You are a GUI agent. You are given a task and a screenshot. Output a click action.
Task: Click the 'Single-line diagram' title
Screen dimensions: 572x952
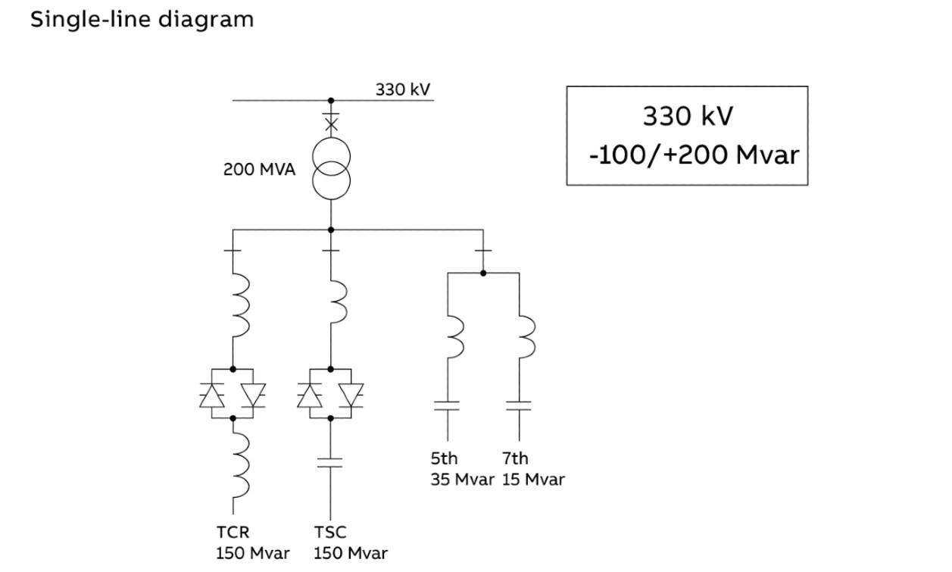click(x=142, y=20)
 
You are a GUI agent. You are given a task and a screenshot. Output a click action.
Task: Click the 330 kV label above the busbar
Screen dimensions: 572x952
click(x=403, y=89)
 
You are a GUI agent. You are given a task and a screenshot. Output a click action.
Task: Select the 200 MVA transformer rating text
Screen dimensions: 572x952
click(x=258, y=169)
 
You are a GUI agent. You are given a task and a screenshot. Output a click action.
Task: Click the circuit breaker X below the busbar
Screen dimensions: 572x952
click(x=330, y=123)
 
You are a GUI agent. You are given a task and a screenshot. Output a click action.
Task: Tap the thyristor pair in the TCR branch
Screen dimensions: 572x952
click(x=233, y=394)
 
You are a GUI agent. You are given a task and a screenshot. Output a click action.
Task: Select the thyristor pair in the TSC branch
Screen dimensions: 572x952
click(x=330, y=394)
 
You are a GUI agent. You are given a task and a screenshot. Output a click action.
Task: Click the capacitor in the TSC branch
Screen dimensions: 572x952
click(x=330, y=462)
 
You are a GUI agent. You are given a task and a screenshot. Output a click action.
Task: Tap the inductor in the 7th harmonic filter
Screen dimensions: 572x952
click(x=525, y=336)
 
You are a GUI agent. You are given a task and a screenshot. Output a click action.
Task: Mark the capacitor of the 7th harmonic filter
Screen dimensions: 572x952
click(x=519, y=406)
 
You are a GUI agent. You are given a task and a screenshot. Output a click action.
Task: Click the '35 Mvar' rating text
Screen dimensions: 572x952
click(x=462, y=480)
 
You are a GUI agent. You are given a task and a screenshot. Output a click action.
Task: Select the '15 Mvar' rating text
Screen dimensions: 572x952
click(x=532, y=480)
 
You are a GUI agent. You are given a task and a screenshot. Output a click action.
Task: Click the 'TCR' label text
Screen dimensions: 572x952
click(x=233, y=533)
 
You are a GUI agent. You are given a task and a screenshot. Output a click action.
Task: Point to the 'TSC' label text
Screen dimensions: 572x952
click(x=329, y=533)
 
